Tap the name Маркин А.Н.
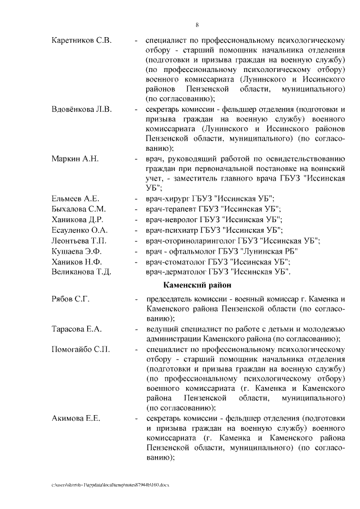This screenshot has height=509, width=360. (75, 159)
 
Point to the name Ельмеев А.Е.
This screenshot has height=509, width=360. (75, 199)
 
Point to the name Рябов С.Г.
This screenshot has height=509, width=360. (70, 298)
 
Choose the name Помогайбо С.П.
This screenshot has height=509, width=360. (80, 349)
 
